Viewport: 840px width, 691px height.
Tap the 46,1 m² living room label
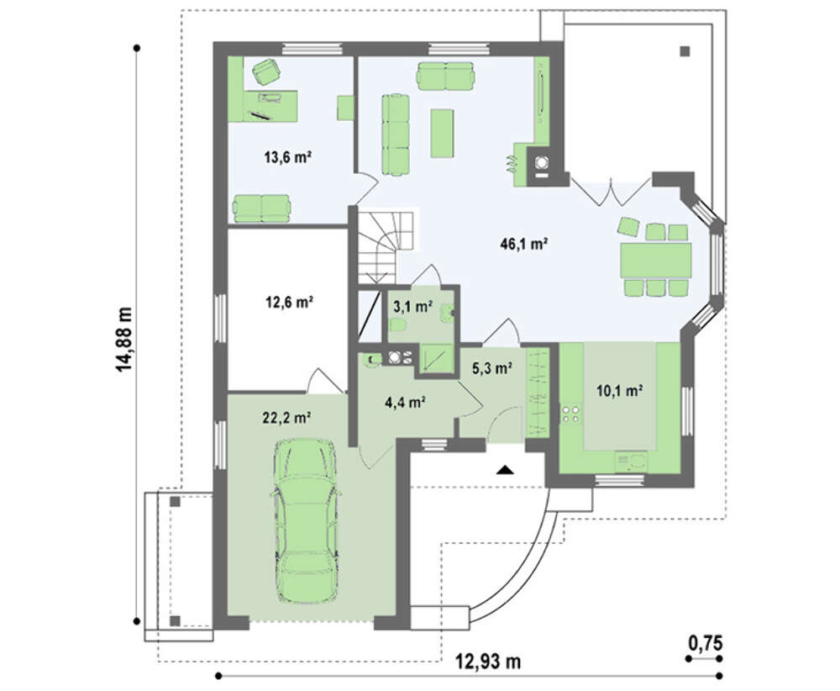click(523, 245)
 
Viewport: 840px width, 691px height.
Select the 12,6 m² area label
click(289, 303)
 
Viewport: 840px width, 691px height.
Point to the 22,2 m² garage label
click(287, 418)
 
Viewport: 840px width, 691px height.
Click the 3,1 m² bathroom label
click(413, 307)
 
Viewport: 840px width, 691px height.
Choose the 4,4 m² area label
click(405, 401)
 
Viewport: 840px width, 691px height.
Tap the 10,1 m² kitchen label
click(620, 391)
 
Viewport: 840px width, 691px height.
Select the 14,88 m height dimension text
click(124, 340)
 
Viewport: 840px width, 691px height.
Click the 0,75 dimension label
click(706, 643)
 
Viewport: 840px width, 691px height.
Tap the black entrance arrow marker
click(505, 470)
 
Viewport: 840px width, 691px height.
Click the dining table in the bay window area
click(655, 260)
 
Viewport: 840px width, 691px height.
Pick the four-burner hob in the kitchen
click(570, 414)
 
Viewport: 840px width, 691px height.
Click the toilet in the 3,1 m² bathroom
click(399, 324)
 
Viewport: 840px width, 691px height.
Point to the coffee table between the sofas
click(443, 133)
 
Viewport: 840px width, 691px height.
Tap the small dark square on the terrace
click(685, 52)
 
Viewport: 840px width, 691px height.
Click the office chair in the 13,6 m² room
click(266, 71)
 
